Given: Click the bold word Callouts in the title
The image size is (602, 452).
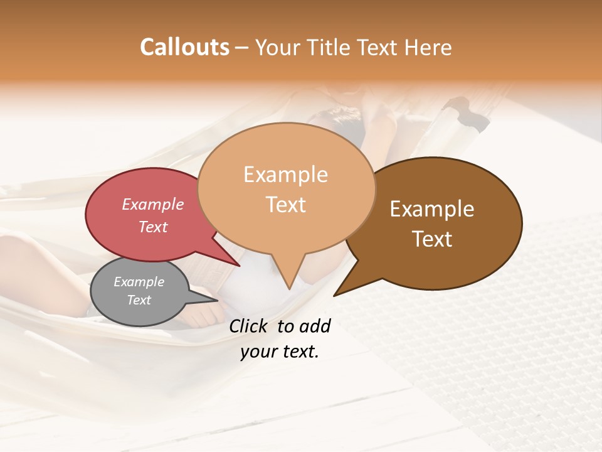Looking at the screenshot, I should (x=184, y=47).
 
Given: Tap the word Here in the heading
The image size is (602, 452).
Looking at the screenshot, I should (x=429, y=47).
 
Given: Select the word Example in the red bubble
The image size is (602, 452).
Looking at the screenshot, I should (x=152, y=205).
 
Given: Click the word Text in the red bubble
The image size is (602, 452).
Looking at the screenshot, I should (x=152, y=227).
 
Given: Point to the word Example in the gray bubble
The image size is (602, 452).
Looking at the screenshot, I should (x=139, y=282).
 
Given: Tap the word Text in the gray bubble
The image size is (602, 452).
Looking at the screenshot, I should (x=139, y=300).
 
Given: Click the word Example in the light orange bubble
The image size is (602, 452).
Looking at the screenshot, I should (x=285, y=175).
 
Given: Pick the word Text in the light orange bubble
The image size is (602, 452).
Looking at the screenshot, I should (x=285, y=205).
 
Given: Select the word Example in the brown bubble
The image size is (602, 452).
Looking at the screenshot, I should (x=432, y=209).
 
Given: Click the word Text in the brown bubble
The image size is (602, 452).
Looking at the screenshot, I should (x=432, y=239).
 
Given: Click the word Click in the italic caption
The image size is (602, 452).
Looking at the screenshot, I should (x=249, y=326).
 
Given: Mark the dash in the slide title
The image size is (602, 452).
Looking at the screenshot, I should (x=242, y=48).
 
